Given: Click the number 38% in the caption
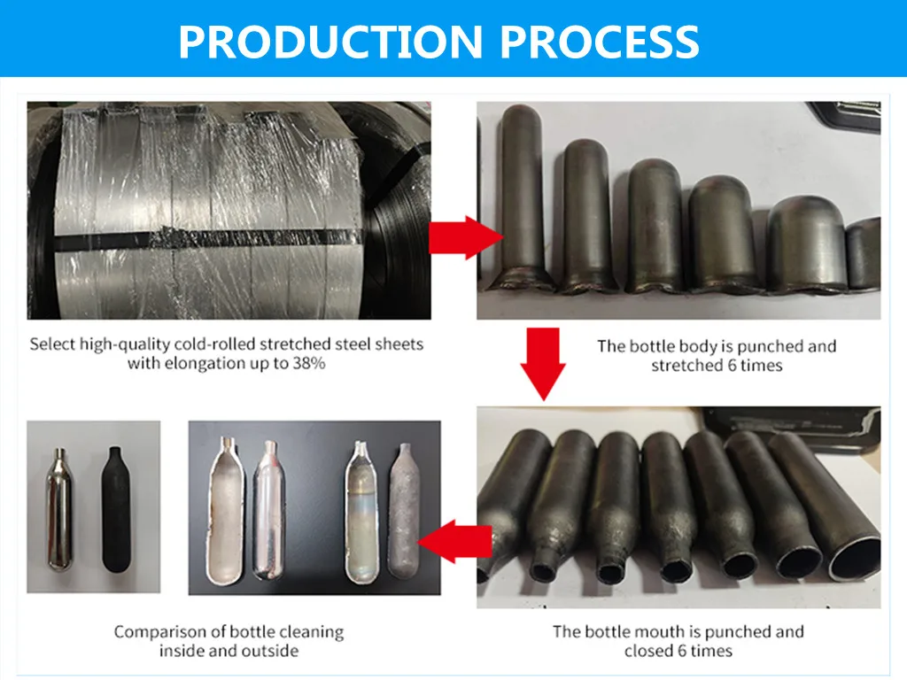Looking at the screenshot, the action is (x=307, y=363).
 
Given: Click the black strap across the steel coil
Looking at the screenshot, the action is (x=221, y=238).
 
